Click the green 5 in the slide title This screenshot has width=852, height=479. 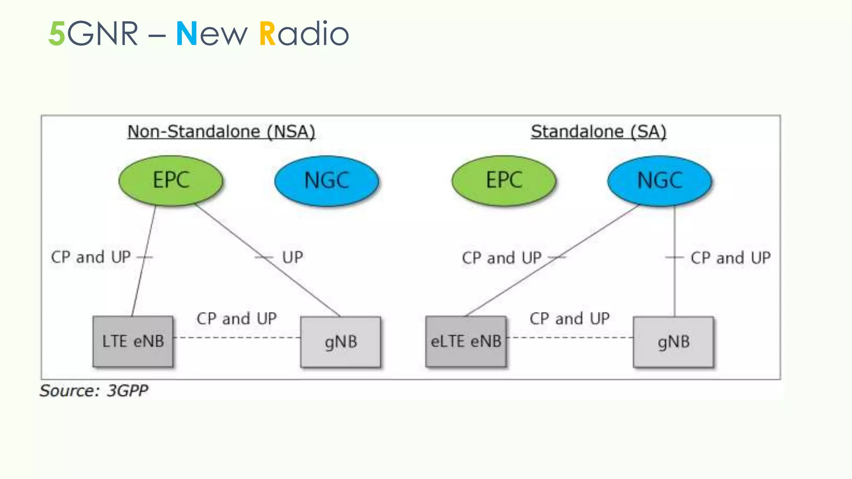[57, 34]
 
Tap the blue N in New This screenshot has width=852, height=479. [186, 34]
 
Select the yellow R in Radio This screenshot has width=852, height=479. [267, 34]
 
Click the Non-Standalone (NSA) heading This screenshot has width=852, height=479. [221, 132]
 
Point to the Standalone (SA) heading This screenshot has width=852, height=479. [598, 132]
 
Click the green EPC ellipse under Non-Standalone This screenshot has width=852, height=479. [171, 180]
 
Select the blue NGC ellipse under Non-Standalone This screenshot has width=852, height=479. [327, 180]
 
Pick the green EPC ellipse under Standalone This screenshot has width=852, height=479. [504, 180]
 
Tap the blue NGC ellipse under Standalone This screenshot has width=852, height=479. [660, 180]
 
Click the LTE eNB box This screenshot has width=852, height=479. [133, 341]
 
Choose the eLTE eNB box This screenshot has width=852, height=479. [466, 341]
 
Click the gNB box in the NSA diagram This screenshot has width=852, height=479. [340, 342]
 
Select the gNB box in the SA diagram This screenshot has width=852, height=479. [673, 342]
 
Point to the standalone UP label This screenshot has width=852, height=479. [292, 257]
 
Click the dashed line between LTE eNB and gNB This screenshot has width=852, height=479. [237, 337]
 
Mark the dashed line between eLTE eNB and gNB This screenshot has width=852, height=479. [570, 337]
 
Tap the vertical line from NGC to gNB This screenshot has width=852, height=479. [674, 287]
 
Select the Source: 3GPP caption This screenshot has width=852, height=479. [94, 391]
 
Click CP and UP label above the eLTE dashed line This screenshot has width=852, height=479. [569, 319]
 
